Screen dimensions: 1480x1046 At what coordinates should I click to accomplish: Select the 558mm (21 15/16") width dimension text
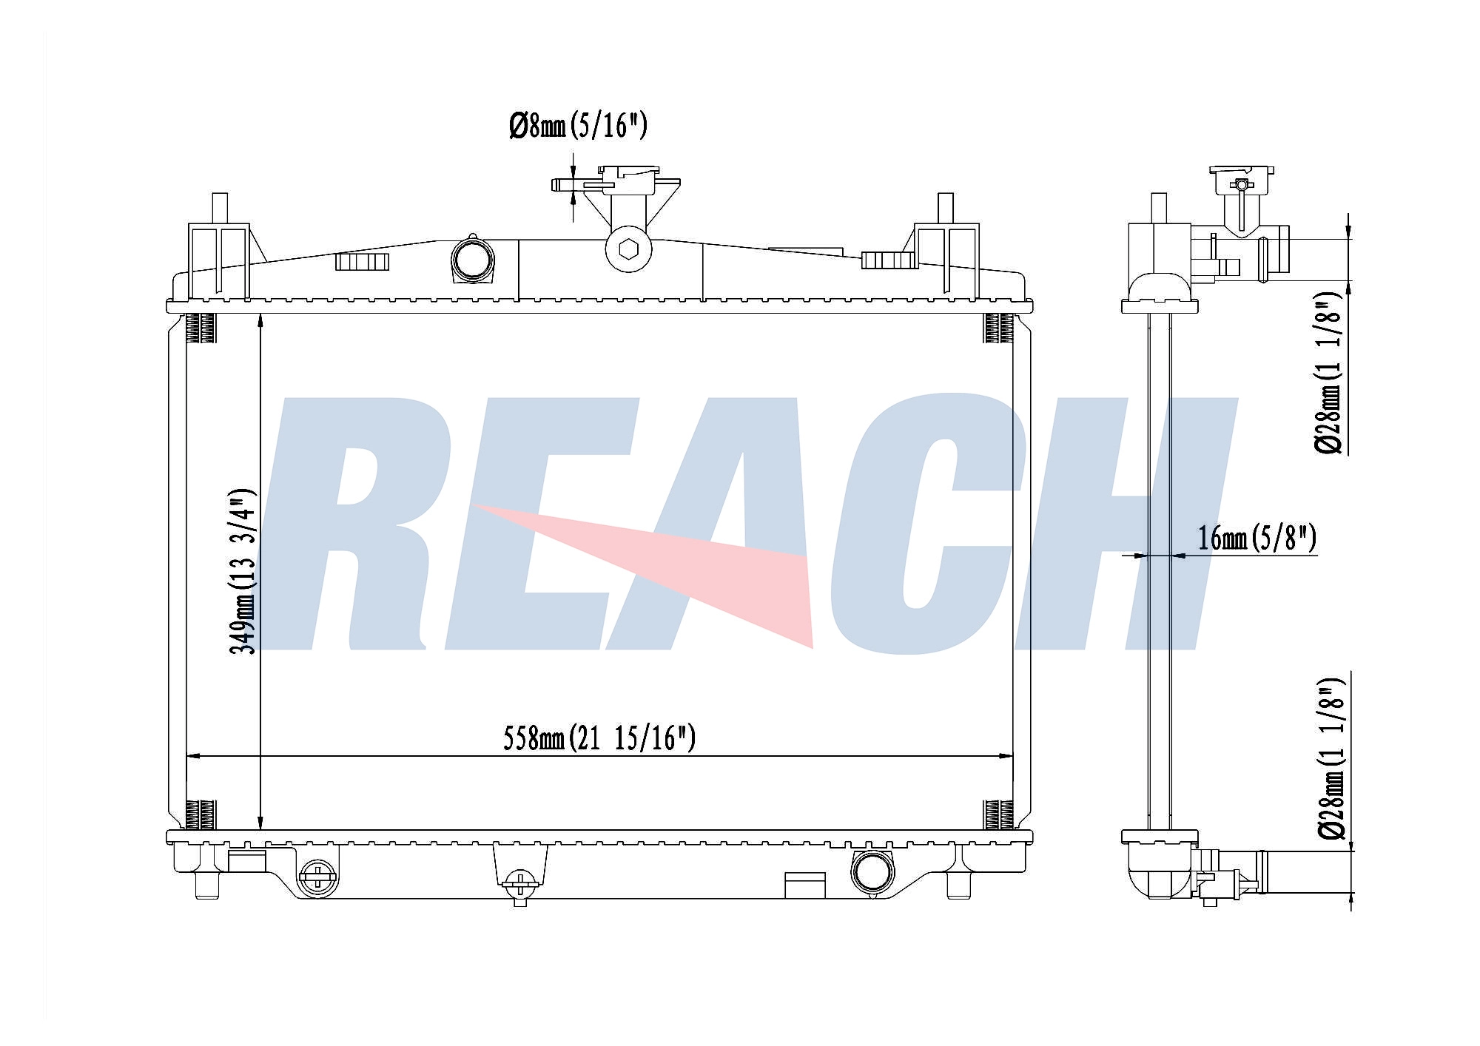599,738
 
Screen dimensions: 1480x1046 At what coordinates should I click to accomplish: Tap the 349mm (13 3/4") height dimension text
243,571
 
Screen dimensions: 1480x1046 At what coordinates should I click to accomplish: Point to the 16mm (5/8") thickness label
1257,538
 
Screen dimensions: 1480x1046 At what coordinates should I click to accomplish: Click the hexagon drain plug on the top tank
628,249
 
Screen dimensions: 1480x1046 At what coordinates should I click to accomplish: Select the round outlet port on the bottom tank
872,872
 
